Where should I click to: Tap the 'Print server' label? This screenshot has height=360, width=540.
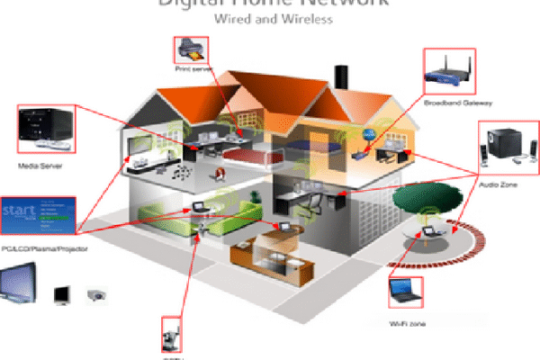[193, 69]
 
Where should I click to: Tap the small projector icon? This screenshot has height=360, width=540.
[96, 294]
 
